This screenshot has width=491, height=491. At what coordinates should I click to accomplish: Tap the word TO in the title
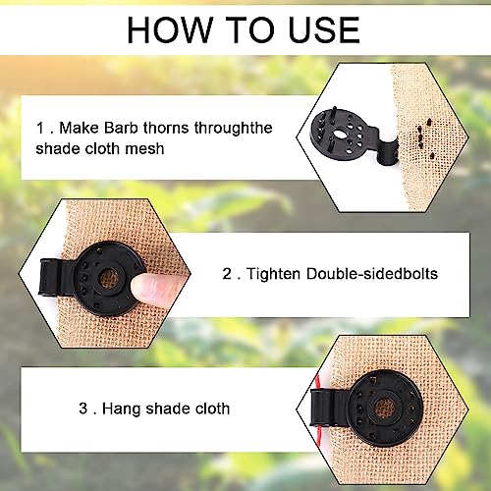point(245,30)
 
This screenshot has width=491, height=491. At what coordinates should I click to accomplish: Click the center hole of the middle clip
point(108,278)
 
